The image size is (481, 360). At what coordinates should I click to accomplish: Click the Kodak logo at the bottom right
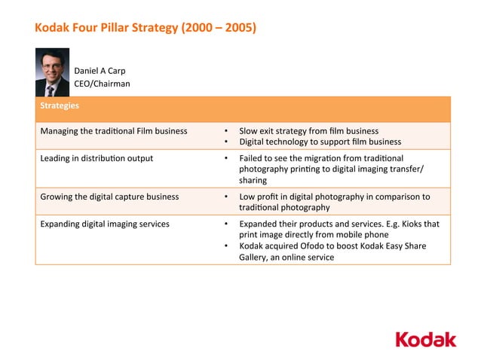(x=426, y=339)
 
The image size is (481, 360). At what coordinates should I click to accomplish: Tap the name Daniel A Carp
(x=100, y=72)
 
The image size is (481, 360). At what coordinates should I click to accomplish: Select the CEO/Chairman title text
(x=102, y=84)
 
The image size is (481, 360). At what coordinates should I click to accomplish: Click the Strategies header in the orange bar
(x=60, y=105)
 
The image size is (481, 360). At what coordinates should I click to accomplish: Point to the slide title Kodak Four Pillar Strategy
(x=106, y=29)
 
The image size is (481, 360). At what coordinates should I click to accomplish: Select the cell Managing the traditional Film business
(x=114, y=131)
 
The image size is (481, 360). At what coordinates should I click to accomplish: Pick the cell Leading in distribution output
(x=97, y=158)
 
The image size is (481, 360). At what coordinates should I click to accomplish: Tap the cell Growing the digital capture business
(x=109, y=197)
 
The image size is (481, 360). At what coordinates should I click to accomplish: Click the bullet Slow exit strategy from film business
(x=308, y=131)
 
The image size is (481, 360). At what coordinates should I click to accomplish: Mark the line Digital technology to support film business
(x=320, y=142)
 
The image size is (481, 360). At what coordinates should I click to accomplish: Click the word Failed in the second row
(x=251, y=158)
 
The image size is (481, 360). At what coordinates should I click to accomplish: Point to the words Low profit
(x=258, y=197)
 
